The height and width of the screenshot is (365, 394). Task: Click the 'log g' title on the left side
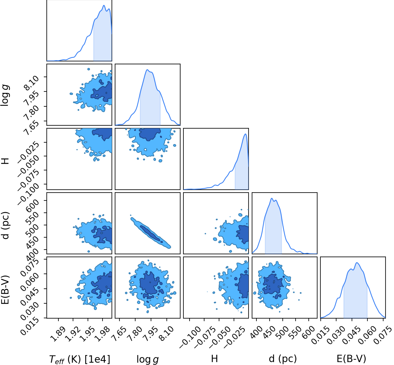[5, 95]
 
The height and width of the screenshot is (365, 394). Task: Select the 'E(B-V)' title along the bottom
[351, 359]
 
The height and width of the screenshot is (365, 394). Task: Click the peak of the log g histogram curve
[147, 70]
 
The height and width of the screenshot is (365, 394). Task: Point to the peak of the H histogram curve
[246, 134]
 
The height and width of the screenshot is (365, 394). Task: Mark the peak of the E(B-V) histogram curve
[357, 262]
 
